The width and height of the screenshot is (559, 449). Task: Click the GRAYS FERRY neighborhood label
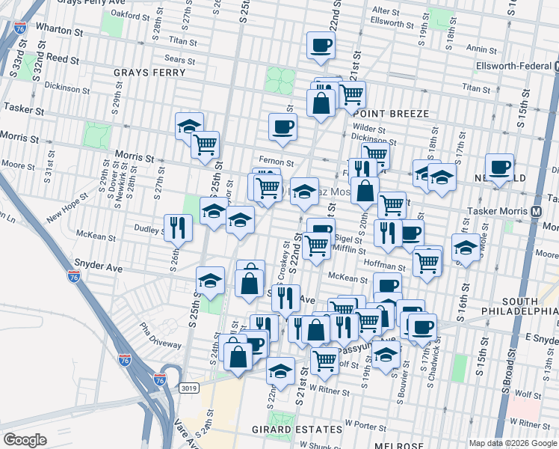pyautogui.click(x=143, y=73)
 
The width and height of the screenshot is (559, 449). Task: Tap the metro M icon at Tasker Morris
pyautogui.click(x=537, y=212)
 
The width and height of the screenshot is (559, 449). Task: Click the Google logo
pyautogui.click(x=25, y=440)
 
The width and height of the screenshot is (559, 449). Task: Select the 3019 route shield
pyautogui.click(x=189, y=388)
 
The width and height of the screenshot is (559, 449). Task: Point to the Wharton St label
pyautogui.click(x=58, y=32)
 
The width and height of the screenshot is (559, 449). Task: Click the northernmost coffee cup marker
pyautogui.click(x=321, y=45)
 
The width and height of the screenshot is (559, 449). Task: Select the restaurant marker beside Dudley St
pyautogui.click(x=178, y=227)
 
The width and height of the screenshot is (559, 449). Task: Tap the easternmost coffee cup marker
pyautogui.click(x=499, y=167)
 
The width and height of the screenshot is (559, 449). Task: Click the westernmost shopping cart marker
pyautogui.click(x=204, y=144)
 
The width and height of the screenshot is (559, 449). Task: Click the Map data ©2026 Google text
pyautogui.click(x=512, y=443)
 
